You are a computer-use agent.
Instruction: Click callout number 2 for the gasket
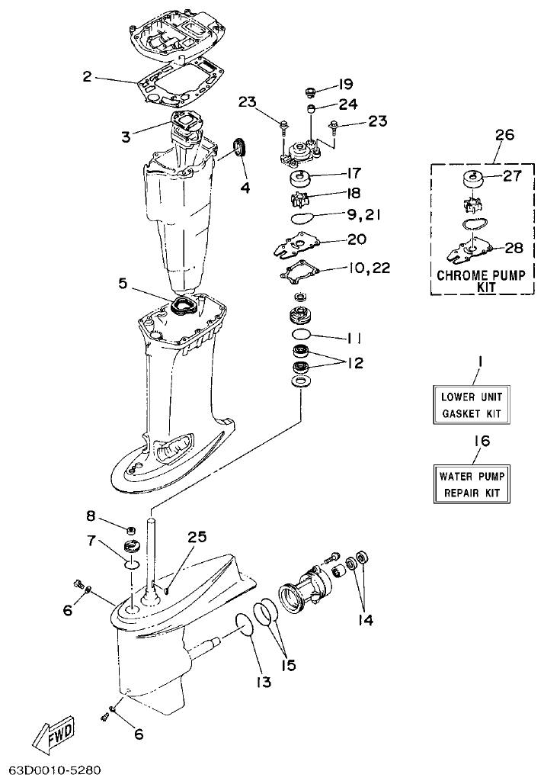pos(88,76)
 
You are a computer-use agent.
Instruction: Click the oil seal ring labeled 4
pos(241,146)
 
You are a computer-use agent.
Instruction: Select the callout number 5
pos(124,284)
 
